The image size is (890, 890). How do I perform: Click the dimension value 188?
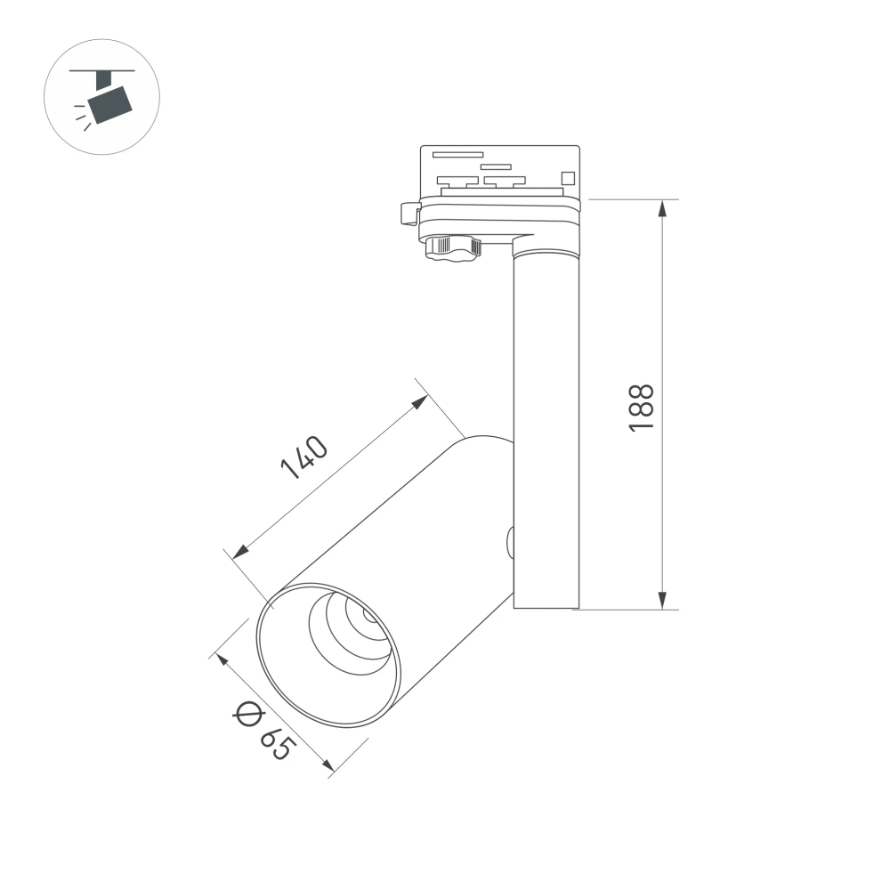[642, 408]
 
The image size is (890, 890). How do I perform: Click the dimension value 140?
[304, 457]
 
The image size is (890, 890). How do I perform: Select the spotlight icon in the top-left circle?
[102, 98]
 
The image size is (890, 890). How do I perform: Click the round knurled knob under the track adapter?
[452, 247]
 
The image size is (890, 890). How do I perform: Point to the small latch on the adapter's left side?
[410, 214]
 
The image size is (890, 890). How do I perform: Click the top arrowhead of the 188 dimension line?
[662, 208]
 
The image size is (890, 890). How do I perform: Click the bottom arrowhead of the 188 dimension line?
[662, 601]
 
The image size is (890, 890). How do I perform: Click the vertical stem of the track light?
[546, 427]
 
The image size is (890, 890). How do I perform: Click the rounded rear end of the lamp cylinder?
[485, 445]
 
